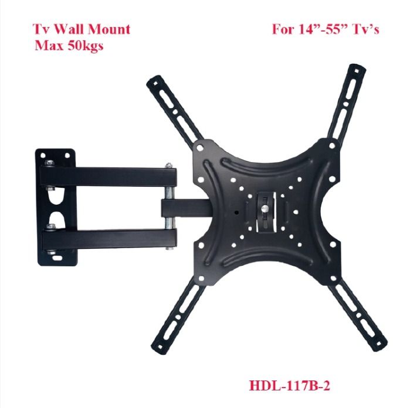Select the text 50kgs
coord(84,46)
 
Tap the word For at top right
coord(282,29)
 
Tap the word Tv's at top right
coord(363,29)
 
